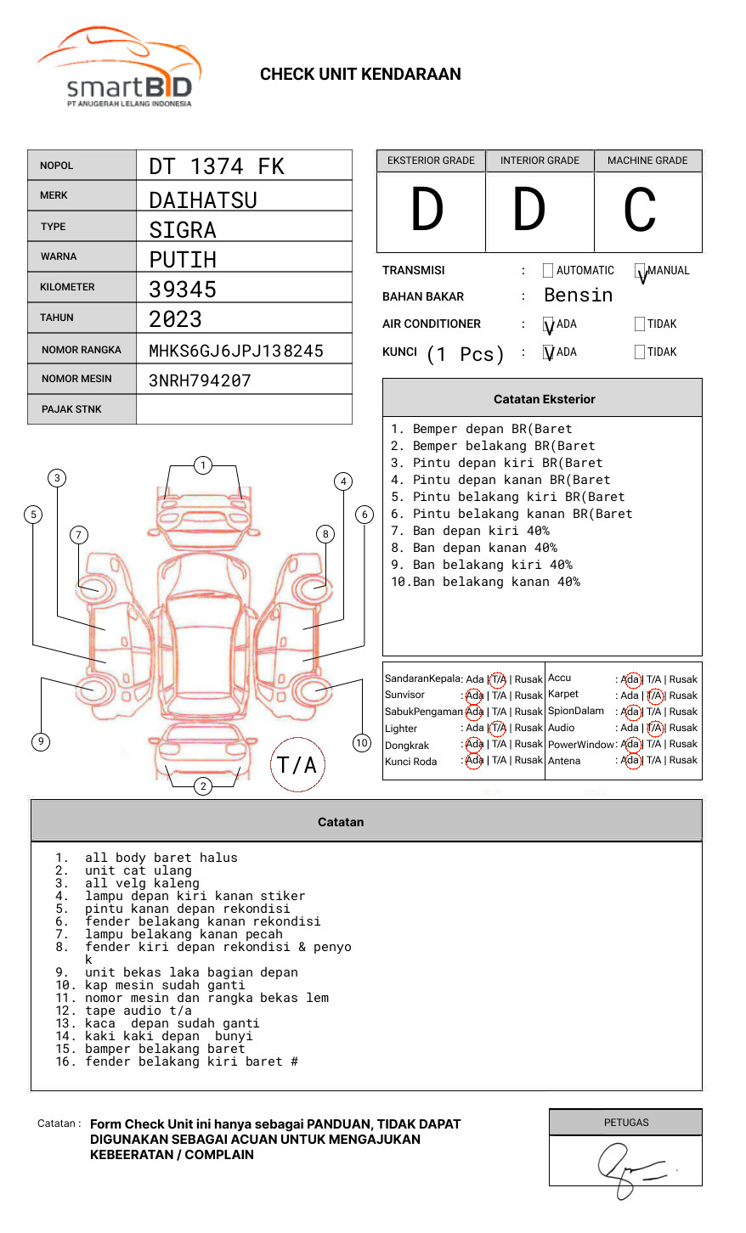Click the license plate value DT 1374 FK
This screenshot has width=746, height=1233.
point(217,166)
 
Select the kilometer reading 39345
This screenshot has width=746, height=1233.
point(183,290)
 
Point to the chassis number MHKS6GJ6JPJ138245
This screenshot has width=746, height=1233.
point(236,351)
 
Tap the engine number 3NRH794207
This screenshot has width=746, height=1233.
point(200,380)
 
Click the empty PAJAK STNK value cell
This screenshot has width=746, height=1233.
point(244,409)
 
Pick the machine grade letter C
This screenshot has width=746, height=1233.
point(640,211)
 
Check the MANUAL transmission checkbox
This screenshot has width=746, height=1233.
point(640,271)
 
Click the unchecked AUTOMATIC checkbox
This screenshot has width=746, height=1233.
point(548,271)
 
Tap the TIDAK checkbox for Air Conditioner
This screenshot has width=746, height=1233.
point(640,324)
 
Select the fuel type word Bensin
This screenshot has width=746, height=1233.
point(578,296)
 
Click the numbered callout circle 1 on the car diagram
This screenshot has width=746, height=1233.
point(202,464)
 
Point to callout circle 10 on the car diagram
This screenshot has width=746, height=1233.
point(362,743)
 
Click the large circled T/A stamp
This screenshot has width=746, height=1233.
point(297,764)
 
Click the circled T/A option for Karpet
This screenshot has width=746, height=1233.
point(654,695)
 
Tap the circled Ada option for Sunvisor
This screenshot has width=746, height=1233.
point(474,695)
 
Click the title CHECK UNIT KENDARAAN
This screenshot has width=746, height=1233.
point(360,75)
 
